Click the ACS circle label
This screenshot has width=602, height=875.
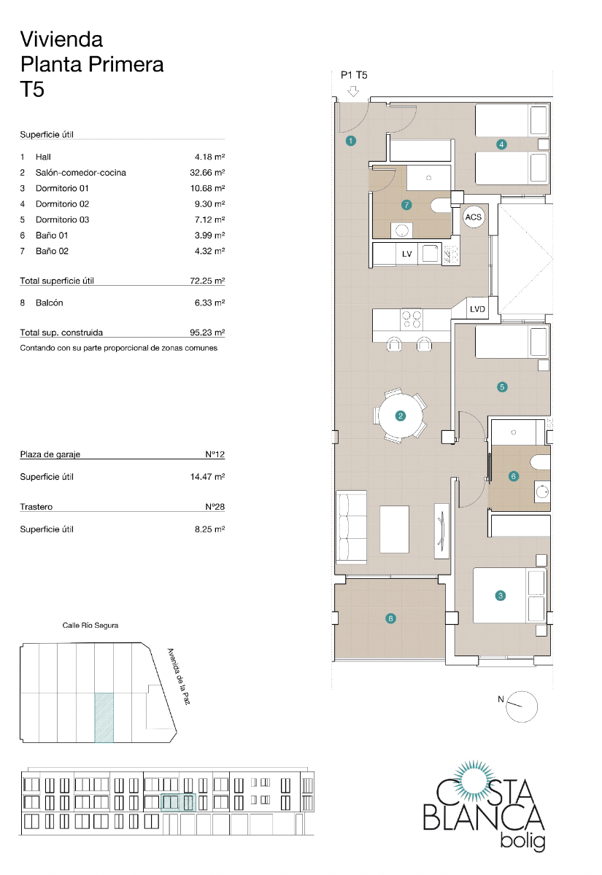474,217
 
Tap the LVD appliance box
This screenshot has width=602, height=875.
479,308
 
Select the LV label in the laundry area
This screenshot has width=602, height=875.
407,254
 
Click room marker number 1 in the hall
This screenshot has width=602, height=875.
351,141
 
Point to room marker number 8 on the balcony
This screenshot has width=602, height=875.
391,619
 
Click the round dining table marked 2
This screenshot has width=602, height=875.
400,416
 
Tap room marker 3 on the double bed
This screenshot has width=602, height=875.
500,596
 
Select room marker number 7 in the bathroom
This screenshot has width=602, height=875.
407,205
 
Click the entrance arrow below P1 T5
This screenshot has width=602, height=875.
354,91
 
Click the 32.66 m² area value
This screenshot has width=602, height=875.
207,173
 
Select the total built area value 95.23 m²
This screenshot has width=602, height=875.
207,332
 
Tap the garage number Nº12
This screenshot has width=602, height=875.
215,454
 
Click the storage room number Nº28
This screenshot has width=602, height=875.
215,507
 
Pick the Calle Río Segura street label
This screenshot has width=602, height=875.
90,626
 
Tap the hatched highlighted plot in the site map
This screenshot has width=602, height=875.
104,717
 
